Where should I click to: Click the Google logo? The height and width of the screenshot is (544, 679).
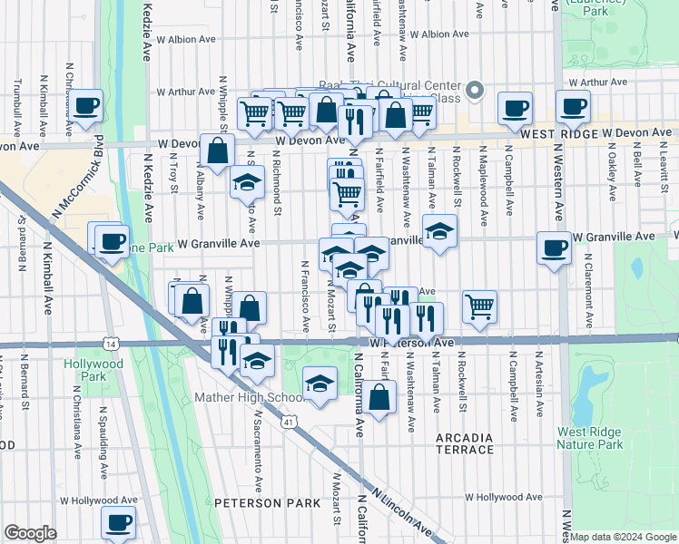click(x=30, y=533)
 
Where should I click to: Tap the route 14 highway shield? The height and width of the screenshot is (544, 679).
click(x=111, y=344)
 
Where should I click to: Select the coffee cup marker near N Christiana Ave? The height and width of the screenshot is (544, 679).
click(x=87, y=106)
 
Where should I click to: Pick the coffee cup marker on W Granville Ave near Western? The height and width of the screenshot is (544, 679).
click(x=554, y=248)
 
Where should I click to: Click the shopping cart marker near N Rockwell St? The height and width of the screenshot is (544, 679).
click(x=479, y=306)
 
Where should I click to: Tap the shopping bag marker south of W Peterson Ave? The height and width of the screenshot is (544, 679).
click(x=382, y=396)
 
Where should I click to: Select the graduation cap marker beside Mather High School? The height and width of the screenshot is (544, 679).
click(x=320, y=384)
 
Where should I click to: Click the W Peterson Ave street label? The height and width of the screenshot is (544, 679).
click(x=412, y=344)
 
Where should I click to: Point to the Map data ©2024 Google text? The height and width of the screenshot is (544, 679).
click(x=623, y=537)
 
